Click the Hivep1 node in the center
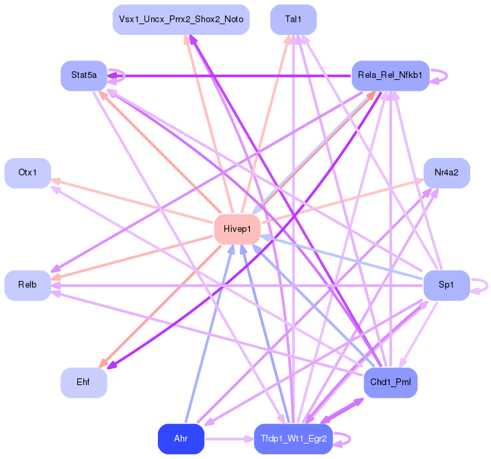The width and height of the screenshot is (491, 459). coord(237,229)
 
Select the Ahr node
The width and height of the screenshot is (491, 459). coord(181,439)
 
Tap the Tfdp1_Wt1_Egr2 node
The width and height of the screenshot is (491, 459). coord(293,439)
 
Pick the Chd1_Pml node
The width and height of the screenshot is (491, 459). coord(390,382)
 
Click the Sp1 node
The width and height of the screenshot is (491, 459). coord(446,285)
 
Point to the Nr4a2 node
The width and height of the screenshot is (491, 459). coord(446,173)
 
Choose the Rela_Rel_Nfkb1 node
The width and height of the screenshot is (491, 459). coord(390,75)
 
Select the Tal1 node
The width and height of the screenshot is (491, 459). coord(293,19)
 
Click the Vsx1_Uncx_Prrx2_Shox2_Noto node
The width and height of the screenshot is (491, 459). coord(181,19)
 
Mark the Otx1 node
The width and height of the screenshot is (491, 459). coord(27,173)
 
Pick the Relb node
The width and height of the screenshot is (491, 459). coord(27,285)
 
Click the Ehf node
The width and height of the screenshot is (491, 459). coord(83,382)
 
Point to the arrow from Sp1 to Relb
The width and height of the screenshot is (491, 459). coord(235,285)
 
